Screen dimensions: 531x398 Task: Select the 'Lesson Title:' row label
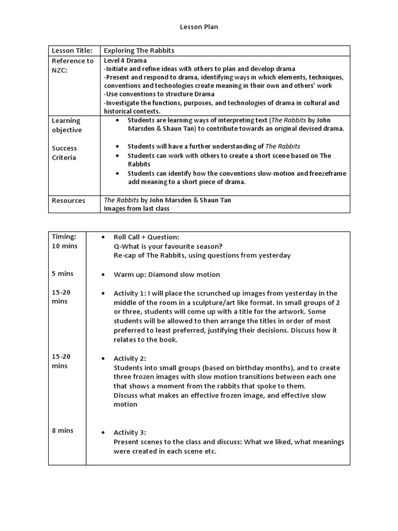(x=72, y=50)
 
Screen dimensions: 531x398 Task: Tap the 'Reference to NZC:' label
(x=73, y=65)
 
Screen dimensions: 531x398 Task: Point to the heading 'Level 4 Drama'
(x=125, y=60)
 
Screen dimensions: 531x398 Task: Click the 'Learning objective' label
(x=66, y=125)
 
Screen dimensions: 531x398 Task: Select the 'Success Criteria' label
(x=64, y=152)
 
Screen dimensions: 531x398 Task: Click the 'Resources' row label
(x=68, y=201)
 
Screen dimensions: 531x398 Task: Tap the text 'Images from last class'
(x=136, y=208)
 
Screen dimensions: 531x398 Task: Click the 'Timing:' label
(x=64, y=236)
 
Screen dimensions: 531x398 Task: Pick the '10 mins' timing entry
(x=65, y=246)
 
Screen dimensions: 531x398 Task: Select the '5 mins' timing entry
(x=62, y=273)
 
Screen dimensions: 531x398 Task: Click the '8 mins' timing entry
(x=62, y=430)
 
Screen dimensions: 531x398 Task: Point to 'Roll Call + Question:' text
(x=146, y=237)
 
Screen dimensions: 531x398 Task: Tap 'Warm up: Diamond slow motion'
(x=167, y=274)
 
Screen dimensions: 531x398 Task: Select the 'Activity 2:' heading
(x=130, y=358)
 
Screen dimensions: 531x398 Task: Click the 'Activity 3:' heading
(x=130, y=432)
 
